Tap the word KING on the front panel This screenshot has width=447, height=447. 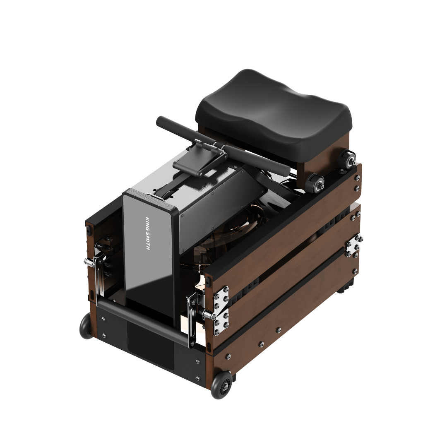[148, 223]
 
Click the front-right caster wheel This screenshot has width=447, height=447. [222, 385]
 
